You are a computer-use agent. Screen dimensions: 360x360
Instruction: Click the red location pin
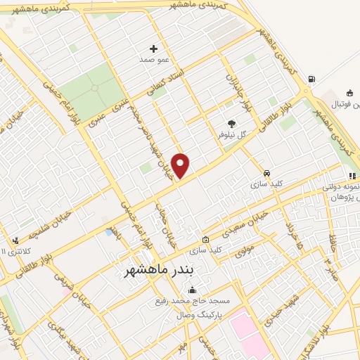click(181, 165)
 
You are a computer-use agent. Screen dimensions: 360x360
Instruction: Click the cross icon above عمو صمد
click(154, 49)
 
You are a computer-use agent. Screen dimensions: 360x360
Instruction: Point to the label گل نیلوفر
click(232, 134)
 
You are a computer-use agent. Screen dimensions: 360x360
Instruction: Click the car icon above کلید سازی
click(267, 173)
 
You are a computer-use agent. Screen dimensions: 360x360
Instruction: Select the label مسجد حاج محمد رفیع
click(193, 302)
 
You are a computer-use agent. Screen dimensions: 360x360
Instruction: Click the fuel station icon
click(311, 79)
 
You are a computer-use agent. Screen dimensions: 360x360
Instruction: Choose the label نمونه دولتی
click(341, 188)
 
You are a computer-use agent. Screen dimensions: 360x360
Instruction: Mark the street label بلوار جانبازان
click(233, 88)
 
